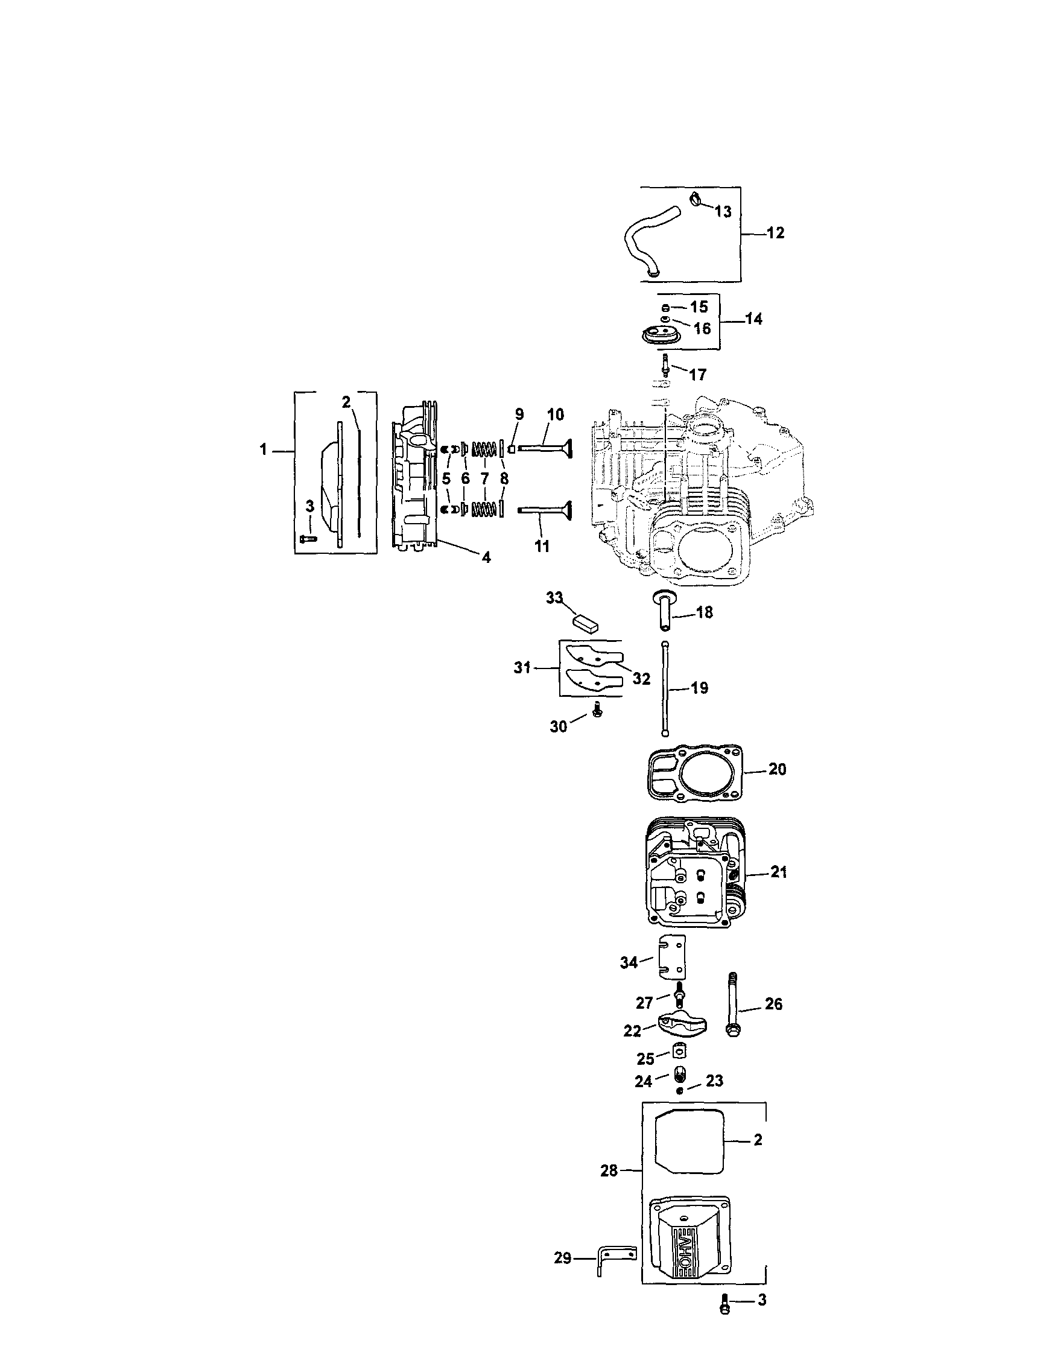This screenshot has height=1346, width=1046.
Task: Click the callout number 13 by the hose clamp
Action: tap(723, 211)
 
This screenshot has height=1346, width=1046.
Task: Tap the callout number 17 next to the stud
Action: tap(697, 374)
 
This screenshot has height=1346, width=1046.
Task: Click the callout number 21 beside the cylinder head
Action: tap(779, 872)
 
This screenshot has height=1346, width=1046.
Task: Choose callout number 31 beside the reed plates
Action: tap(522, 667)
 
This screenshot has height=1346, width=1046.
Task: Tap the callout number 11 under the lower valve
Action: tap(541, 545)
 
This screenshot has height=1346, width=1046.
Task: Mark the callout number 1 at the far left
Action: tap(263, 450)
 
